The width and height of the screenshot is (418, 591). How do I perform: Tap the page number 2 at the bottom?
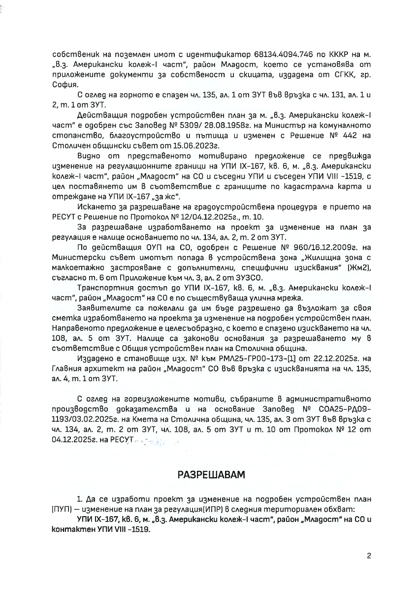tap(368, 557)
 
